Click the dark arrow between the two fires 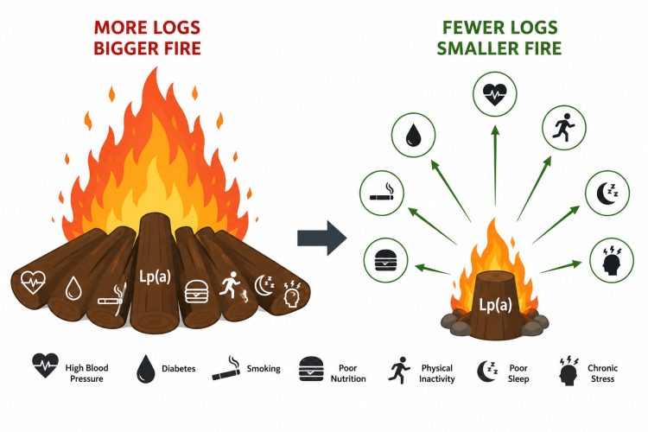pyautogui.click(x=321, y=238)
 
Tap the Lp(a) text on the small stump pyautogui.click(x=495, y=305)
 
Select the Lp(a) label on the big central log pyautogui.click(x=155, y=276)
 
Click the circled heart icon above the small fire pyautogui.click(x=495, y=94)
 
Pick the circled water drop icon pyautogui.click(x=413, y=135)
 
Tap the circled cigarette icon pyautogui.click(x=381, y=193)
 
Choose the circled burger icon pyautogui.click(x=385, y=260)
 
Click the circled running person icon pyautogui.click(x=564, y=127)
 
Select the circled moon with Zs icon pyautogui.click(x=607, y=193)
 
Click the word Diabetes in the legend pyautogui.click(x=179, y=368)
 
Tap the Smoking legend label pyautogui.click(x=264, y=368)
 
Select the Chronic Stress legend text pyautogui.click(x=602, y=373)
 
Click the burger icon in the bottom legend pyautogui.click(x=311, y=369)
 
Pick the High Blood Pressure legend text pyautogui.click(x=86, y=373)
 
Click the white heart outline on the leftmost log pyautogui.click(x=33, y=283)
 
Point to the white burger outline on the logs pyautogui.click(x=196, y=291)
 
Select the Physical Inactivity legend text pyautogui.click(x=437, y=373)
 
